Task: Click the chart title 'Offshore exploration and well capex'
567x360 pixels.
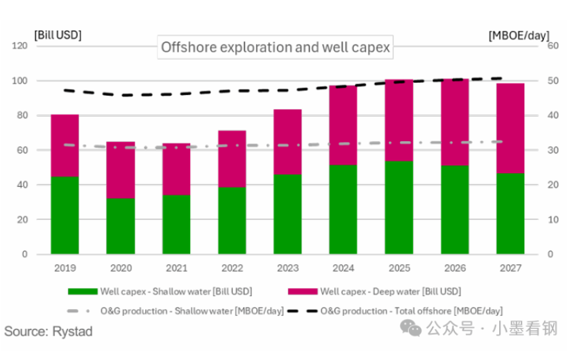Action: [275, 48]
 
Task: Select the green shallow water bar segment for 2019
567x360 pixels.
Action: [65, 215]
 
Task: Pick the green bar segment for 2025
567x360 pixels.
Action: [399, 207]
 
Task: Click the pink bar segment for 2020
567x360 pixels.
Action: [120, 170]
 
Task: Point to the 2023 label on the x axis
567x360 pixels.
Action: [287, 268]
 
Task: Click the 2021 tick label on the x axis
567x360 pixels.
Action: [176, 268]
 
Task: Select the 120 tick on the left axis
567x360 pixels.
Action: [19, 46]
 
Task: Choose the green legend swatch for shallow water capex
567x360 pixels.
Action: [82, 291]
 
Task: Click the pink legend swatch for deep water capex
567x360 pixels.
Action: [302, 291]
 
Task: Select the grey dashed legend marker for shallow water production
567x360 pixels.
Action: [82, 310]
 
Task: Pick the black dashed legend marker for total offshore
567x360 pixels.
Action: [302, 310]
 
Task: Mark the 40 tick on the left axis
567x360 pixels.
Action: [22, 185]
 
